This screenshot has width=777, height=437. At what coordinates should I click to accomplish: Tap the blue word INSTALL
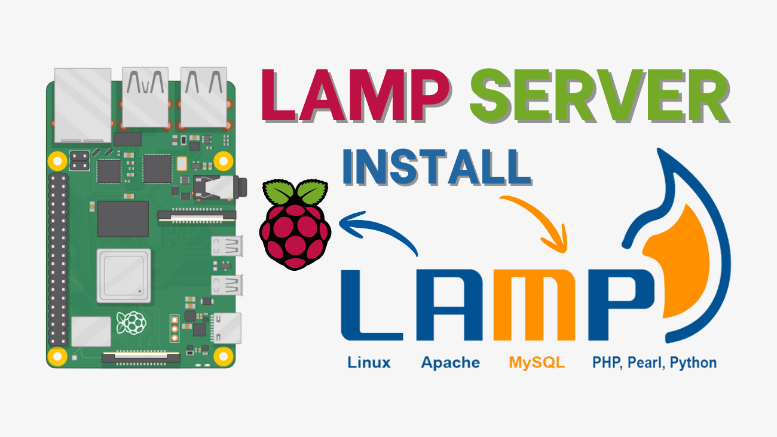tap(436, 167)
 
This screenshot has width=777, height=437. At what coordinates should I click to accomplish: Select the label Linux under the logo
tap(369, 362)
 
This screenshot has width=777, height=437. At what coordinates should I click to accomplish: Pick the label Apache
tap(450, 362)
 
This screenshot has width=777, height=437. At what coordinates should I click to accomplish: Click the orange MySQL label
tap(536, 362)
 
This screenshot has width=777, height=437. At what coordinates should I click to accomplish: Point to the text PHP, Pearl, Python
tap(654, 362)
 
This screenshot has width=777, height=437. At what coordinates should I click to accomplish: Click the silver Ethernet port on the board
tap(82, 105)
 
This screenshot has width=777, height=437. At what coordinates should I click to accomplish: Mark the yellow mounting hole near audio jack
tap(223, 160)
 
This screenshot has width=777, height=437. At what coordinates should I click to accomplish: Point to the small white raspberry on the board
tap(131, 323)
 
